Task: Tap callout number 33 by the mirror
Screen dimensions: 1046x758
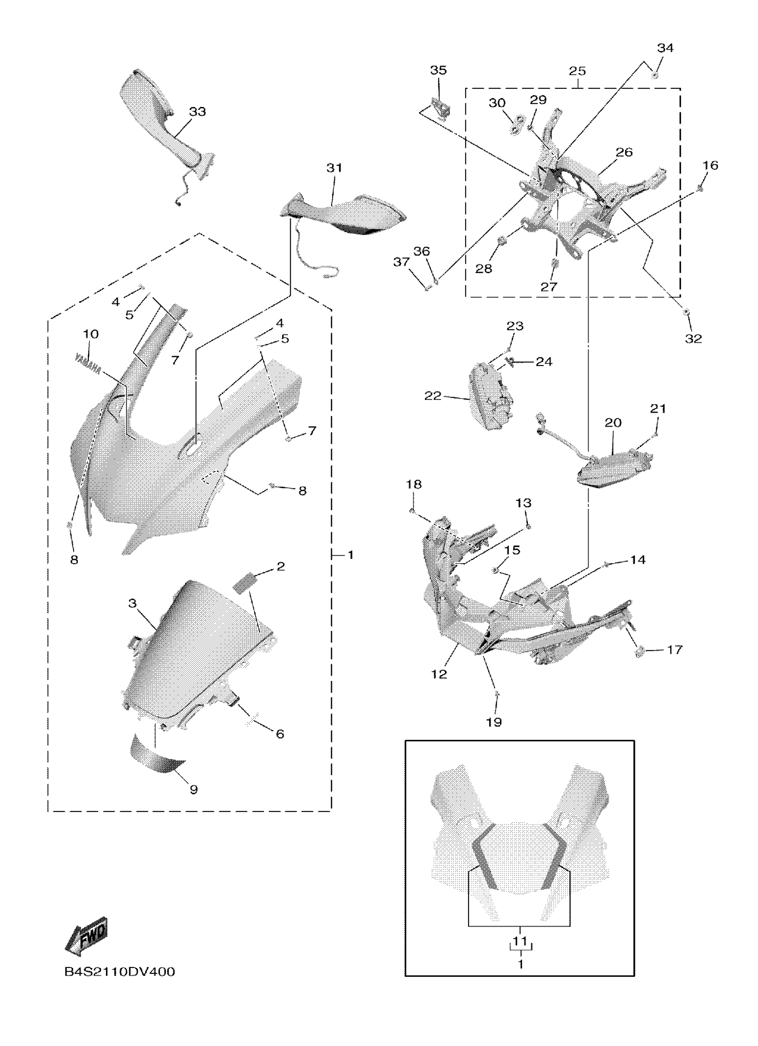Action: pyautogui.click(x=198, y=111)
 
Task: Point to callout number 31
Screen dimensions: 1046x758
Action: pyautogui.click(x=334, y=168)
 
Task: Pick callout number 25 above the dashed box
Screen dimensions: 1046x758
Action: pyautogui.click(x=577, y=71)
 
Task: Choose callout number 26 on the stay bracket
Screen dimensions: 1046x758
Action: pyautogui.click(x=624, y=152)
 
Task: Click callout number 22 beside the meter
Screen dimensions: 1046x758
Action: pyautogui.click(x=433, y=396)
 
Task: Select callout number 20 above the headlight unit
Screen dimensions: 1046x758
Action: pyautogui.click(x=613, y=423)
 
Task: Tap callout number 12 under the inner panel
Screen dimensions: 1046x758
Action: pyautogui.click(x=439, y=674)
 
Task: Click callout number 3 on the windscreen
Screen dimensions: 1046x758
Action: pyautogui.click(x=132, y=603)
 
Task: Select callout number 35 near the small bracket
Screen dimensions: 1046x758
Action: pyautogui.click(x=438, y=70)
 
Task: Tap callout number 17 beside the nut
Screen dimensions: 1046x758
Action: pyautogui.click(x=675, y=650)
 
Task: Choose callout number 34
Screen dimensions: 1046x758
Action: pyautogui.click(x=665, y=48)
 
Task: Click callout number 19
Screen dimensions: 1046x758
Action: pyautogui.click(x=494, y=722)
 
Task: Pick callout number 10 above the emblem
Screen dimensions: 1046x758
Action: pyautogui.click(x=91, y=334)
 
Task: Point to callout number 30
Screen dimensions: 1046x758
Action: pyautogui.click(x=497, y=103)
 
